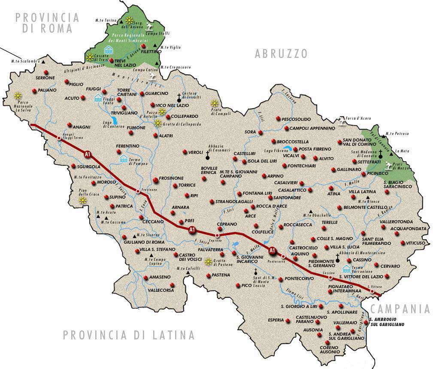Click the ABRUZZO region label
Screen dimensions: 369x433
(281, 54)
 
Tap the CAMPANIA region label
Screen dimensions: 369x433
(400, 309)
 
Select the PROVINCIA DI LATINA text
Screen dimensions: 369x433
(129, 335)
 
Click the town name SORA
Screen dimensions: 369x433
(250, 132)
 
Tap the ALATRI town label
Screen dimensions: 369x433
(166, 136)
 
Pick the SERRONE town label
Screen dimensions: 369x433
(45, 78)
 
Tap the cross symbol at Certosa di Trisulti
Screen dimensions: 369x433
(179, 97)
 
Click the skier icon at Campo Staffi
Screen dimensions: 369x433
(150, 25)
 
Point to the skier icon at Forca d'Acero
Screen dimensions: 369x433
(342, 122)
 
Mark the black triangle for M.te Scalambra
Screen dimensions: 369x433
(43, 62)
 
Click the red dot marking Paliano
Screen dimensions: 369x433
(34, 91)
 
